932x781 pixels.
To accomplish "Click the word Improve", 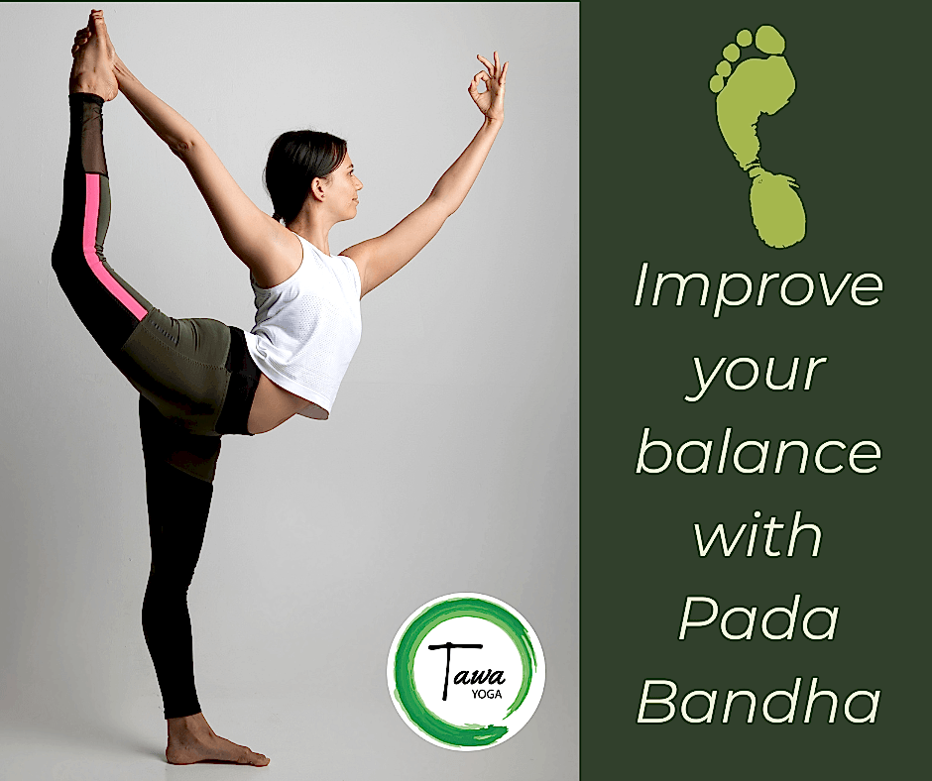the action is coord(757,287).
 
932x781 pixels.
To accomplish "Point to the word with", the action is coord(757,535).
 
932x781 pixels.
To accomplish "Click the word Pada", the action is coord(758,618).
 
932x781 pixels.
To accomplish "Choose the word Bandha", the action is coord(758,702).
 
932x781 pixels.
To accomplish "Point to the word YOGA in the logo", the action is coord(486,693).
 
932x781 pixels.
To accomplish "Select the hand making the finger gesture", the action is coord(489,86).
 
